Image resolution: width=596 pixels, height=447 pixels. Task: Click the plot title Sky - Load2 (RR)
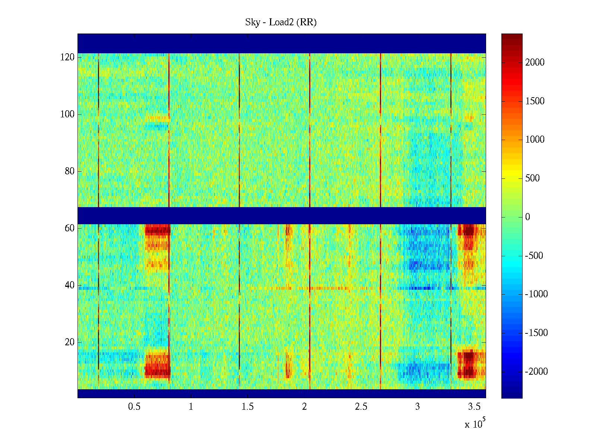point(281,22)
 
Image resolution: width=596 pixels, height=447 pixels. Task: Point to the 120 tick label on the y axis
point(67,57)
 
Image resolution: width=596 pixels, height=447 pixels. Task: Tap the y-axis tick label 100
point(67,114)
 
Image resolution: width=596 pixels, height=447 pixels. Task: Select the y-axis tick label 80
point(70,171)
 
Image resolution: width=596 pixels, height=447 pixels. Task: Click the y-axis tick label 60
point(70,228)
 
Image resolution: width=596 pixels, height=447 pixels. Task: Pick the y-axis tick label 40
point(70,285)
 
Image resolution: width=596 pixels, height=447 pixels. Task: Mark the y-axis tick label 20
point(70,342)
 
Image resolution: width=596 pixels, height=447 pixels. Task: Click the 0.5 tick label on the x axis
point(134,407)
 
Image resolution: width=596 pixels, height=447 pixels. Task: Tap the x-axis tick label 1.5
point(247,407)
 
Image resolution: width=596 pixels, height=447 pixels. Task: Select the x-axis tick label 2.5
point(361,407)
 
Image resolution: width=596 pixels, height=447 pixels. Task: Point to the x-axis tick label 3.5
point(474,407)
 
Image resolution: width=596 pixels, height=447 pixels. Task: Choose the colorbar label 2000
point(535,63)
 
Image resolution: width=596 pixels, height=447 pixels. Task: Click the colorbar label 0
point(527,217)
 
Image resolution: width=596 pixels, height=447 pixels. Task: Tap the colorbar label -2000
point(536,372)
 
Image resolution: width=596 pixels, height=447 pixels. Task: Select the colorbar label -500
point(534,256)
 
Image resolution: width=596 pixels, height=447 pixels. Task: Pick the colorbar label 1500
point(535,101)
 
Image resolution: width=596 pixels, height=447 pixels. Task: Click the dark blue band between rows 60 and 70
point(282,216)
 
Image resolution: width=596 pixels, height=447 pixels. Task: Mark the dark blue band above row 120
point(282,44)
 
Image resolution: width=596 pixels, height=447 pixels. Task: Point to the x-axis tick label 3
point(417,407)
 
